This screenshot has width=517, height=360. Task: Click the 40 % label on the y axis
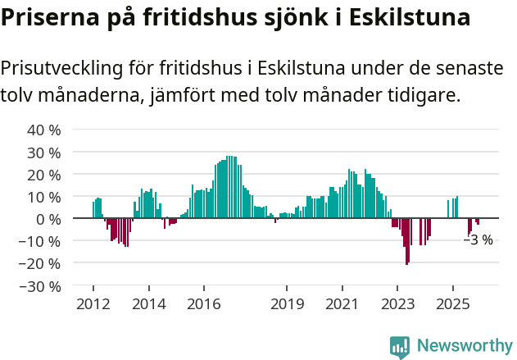click(x=44, y=130)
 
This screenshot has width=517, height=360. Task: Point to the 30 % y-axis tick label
click(x=44, y=153)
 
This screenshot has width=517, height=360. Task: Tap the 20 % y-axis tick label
click(x=44, y=175)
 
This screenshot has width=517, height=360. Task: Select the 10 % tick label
click(x=44, y=197)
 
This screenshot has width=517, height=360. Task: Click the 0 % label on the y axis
click(x=48, y=219)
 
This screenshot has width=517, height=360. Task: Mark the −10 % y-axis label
click(x=40, y=241)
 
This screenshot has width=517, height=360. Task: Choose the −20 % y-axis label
click(x=40, y=264)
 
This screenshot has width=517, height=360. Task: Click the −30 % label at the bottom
click(x=40, y=286)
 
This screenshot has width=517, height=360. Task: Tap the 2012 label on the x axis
click(x=93, y=304)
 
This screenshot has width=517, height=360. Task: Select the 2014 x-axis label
click(x=148, y=304)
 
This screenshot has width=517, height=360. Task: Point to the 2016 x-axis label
click(x=204, y=304)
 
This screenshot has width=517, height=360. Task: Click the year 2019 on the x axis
click(x=287, y=304)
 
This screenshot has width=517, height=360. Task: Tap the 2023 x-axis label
click(x=397, y=304)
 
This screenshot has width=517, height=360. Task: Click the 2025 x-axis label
click(x=453, y=304)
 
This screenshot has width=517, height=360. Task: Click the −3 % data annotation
click(x=478, y=240)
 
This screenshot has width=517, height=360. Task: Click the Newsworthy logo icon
click(x=400, y=346)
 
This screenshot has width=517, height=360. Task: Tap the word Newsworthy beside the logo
click(x=464, y=346)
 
